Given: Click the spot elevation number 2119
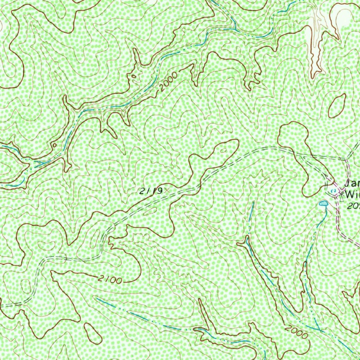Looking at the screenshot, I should [150, 191].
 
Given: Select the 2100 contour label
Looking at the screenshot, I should [110, 279].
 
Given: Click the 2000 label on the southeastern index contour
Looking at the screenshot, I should [296, 332].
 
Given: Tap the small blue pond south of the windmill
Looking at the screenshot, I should [323, 203].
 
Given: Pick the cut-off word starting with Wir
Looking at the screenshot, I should [352, 194].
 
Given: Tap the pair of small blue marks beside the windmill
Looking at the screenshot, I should [334, 191].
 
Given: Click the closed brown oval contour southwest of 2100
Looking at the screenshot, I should [93, 333].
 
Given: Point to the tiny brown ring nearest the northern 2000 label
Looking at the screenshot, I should [133, 76].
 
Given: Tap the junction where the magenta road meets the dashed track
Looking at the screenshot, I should [346, 159].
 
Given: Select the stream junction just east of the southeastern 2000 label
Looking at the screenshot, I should [320, 330].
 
